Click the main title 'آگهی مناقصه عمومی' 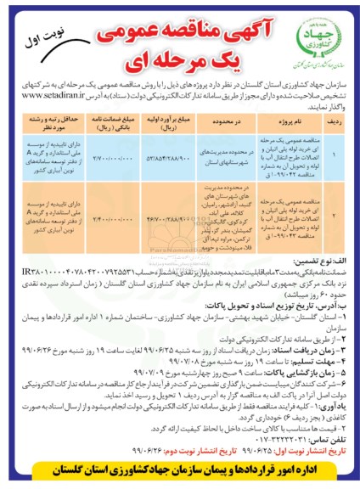tap(182, 26)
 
